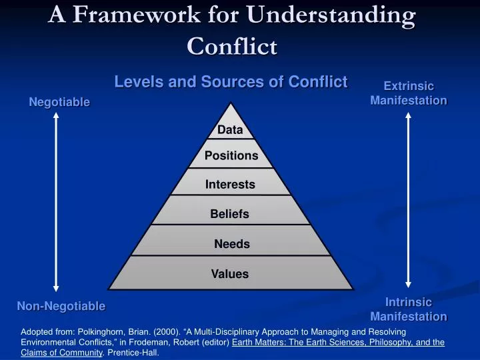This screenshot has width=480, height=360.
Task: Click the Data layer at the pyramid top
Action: [230, 130]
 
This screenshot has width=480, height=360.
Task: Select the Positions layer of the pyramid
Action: [231, 155]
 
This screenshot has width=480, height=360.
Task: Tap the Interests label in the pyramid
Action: [230, 184]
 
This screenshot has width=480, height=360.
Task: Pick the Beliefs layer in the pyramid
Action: [229, 214]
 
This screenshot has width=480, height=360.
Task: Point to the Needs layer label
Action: [231, 244]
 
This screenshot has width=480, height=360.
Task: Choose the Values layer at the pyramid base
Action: [229, 274]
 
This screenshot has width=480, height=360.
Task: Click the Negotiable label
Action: [59, 101]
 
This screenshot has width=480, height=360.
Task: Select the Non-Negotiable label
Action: [61, 306]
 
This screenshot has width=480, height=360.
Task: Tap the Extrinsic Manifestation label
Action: [408, 93]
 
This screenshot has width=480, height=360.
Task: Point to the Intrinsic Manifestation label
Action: [408, 309]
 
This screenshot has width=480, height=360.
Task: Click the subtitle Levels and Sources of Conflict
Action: [231, 82]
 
